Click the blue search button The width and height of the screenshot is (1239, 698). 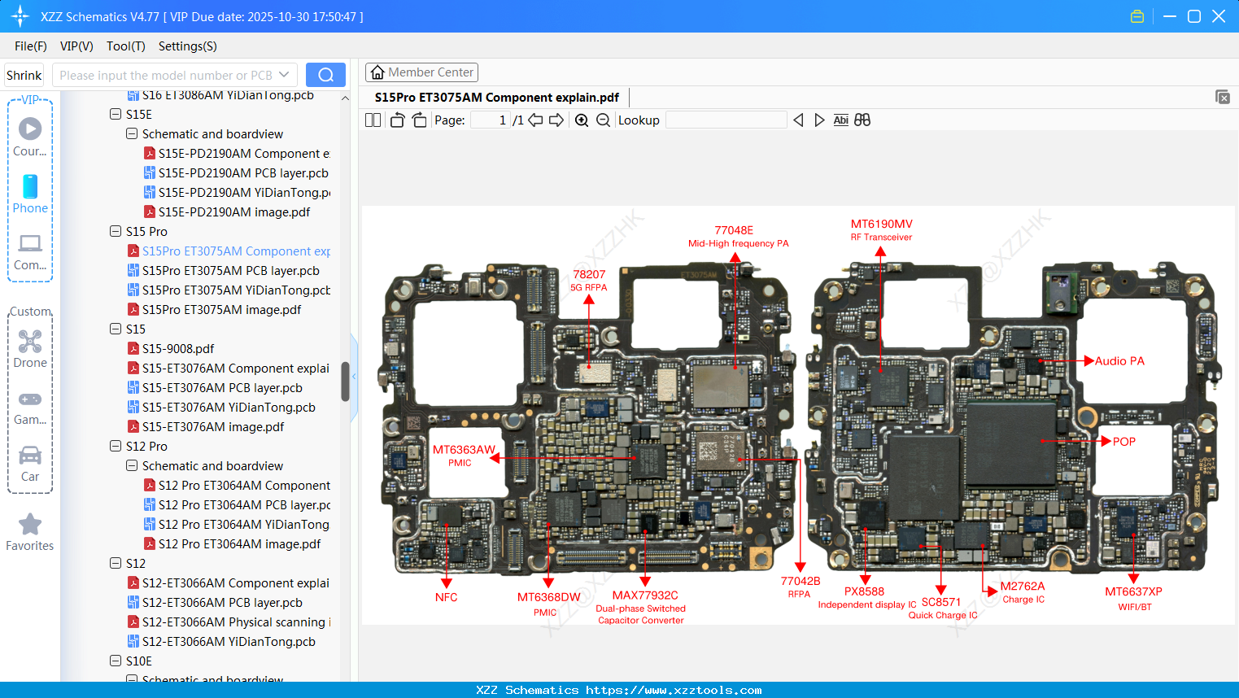(x=325, y=75)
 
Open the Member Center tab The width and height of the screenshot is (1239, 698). (x=421, y=72)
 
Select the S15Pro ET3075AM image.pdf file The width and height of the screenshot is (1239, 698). (x=221, y=309)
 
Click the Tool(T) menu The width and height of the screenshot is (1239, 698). (x=125, y=46)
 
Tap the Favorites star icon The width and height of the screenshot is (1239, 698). (x=30, y=525)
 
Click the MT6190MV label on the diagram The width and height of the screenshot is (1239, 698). (x=881, y=224)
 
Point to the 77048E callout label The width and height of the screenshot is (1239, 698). (x=734, y=230)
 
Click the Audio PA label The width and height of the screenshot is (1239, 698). (x=1119, y=361)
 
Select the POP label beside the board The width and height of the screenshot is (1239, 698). (x=1123, y=442)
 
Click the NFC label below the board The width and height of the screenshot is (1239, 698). (x=446, y=597)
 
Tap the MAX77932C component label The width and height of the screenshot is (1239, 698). (x=644, y=595)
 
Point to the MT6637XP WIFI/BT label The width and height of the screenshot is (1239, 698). (x=1133, y=592)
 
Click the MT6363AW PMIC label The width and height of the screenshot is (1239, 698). (x=464, y=450)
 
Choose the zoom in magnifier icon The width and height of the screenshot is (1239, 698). (x=582, y=120)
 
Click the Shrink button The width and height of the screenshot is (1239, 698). (x=24, y=76)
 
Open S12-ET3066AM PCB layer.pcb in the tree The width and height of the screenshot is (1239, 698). (x=221, y=602)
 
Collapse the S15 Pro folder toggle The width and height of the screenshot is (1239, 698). (x=116, y=232)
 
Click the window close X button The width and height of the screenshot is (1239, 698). (x=1218, y=16)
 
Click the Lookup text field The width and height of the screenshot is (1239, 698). (x=726, y=120)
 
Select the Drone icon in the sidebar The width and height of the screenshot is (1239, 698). (x=30, y=342)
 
